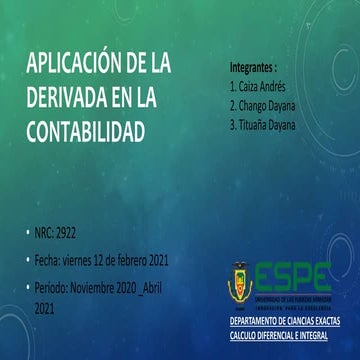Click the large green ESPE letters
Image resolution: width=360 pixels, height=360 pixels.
click(295, 272)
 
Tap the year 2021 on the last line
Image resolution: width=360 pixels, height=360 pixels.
click(45, 311)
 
